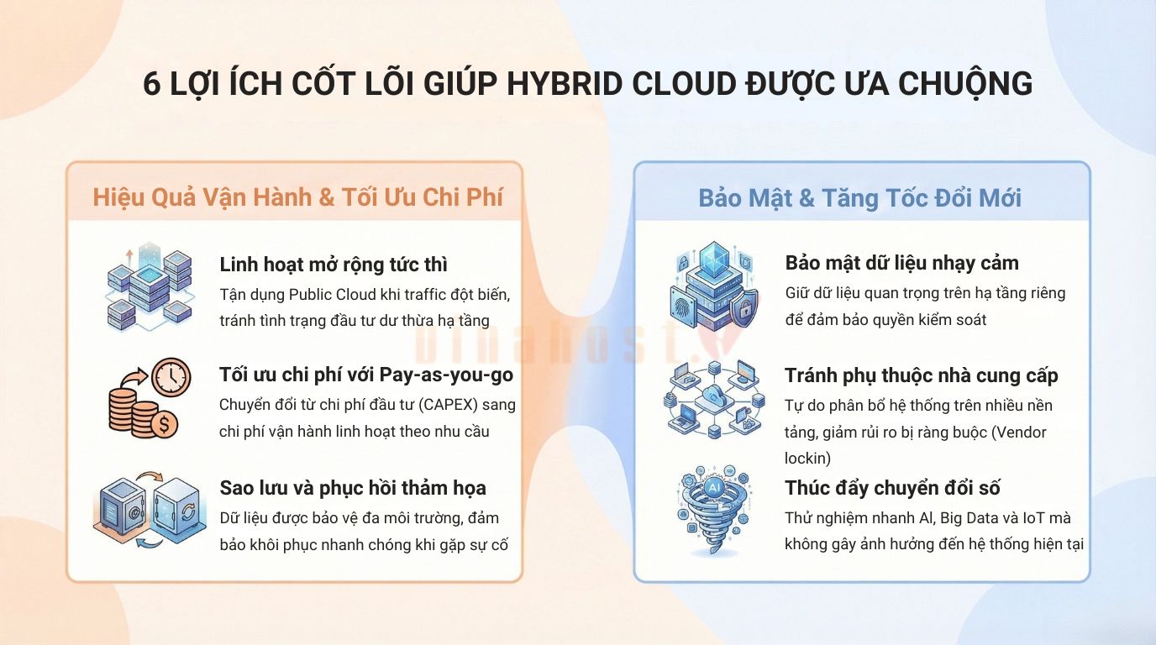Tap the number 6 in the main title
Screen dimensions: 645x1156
(x=152, y=85)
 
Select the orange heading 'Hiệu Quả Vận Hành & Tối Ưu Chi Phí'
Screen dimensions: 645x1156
(x=297, y=197)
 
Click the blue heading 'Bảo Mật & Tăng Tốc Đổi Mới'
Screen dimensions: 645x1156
(x=860, y=197)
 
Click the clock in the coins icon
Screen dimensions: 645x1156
(x=172, y=378)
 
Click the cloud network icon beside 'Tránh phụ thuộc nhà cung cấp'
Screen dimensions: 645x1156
(x=716, y=400)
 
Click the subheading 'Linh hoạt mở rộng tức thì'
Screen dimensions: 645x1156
(x=333, y=265)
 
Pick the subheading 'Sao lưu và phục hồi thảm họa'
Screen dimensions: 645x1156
(x=352, y=488)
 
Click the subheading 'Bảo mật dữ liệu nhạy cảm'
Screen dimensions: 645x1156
(x=901, y=263)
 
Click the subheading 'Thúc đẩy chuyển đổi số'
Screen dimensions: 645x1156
(x=892, y=488)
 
